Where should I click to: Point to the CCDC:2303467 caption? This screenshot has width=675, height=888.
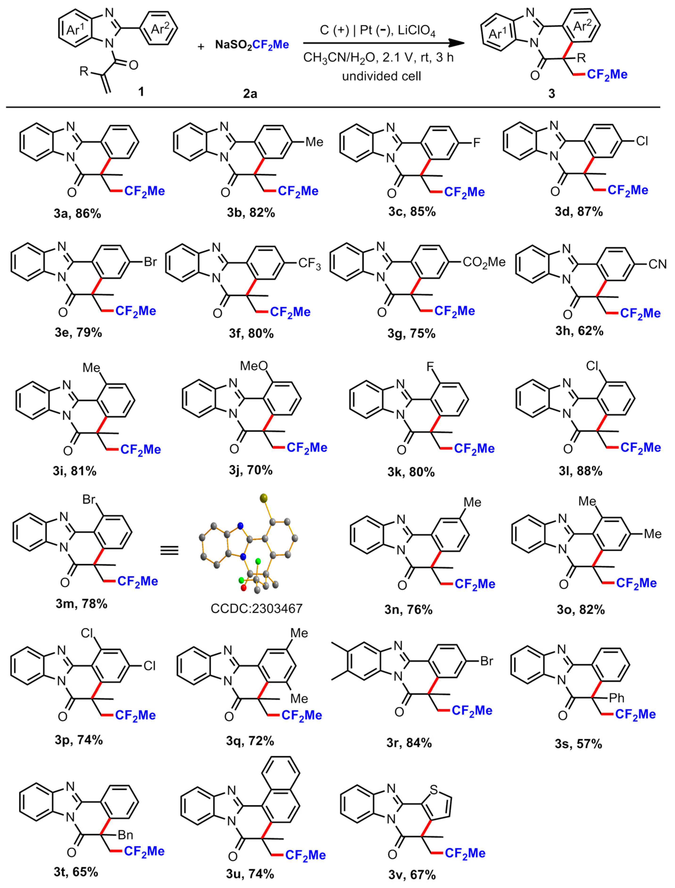256,608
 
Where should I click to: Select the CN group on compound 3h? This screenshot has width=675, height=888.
657,264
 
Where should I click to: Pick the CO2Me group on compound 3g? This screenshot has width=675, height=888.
484,262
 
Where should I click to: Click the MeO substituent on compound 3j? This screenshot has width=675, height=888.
254,366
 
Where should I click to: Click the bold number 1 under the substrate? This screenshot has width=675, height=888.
141,92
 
